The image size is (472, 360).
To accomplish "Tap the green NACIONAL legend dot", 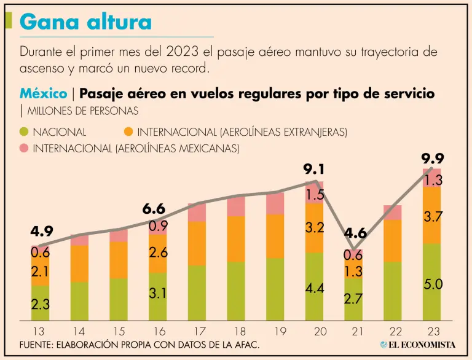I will click(x=25, y=131).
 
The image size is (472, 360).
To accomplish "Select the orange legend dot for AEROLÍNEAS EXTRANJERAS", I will click(x=128, y=131).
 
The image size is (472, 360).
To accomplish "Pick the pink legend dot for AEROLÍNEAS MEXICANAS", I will click(x=25, y=148).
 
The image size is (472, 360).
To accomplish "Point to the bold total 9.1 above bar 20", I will click(x=313, y=169).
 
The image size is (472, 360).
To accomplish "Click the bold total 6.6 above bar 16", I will click(x=154, y=209).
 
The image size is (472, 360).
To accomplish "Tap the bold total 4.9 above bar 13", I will click(x=42, y=232).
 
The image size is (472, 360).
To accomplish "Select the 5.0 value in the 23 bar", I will click(x=432, y=284).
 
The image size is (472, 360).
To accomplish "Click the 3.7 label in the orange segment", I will click(x=432, y=216).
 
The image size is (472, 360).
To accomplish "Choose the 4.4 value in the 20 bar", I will click(x=314, y=287).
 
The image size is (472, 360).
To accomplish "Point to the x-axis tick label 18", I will click(x=237, y=331).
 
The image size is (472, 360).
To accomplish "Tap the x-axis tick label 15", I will click(x=119, y=331).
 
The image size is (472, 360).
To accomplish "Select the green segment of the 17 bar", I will click(x=197, y=293).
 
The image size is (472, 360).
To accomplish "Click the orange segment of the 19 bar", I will click(x=275, y=236).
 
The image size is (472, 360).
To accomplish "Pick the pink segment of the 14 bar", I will click(x=80, y=240).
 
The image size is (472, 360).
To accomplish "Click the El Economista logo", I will click(x=418, y=345).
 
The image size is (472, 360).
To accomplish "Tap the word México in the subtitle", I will click(x=44, y=93).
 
